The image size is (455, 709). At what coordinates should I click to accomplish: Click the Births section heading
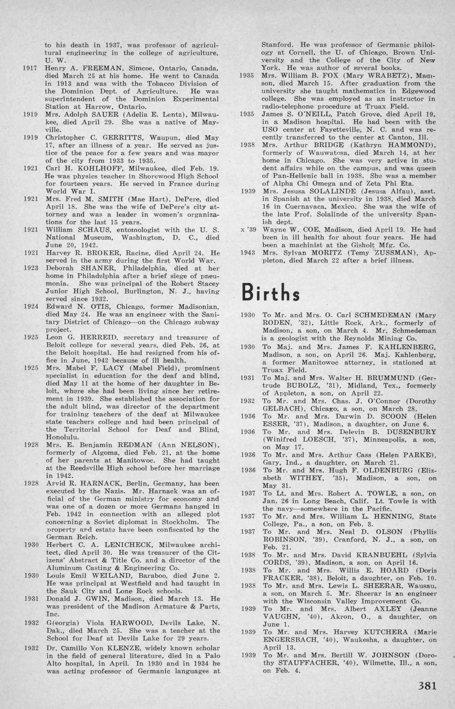(x=271, y=292)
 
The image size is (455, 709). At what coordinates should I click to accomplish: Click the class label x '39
(x=247, y=229)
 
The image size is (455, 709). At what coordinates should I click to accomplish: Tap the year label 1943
(x=247, y=253)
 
